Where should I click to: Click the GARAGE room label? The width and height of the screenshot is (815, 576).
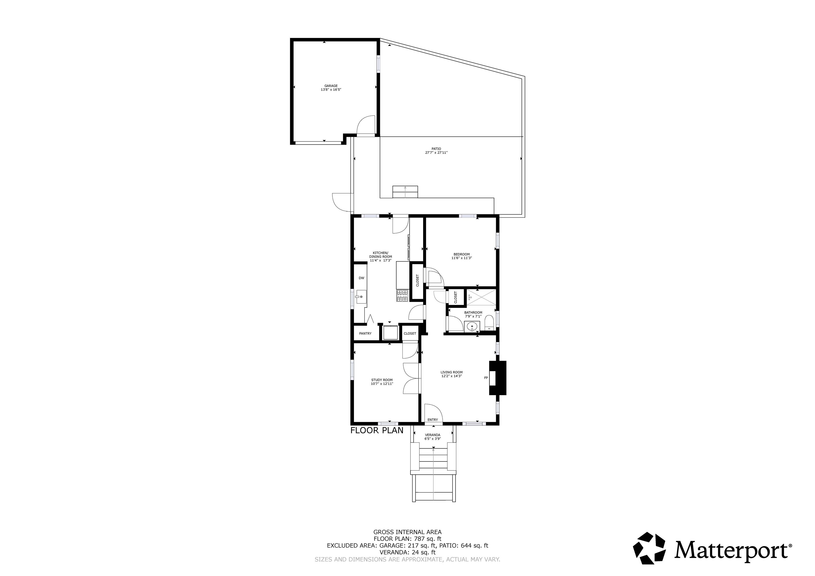pos(331,86)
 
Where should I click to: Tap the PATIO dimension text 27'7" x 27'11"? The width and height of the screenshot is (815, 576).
pos(436,152)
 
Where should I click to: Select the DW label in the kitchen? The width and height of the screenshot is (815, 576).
pos(361,278)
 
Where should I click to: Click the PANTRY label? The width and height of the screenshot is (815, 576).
pos(365,334)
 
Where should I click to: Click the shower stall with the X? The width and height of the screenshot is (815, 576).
pos(481,297)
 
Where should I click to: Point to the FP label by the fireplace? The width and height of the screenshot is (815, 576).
pos(486,378)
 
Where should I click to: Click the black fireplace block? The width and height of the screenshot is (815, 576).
pos(498,378)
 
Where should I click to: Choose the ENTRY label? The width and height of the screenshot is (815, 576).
pos(432,420)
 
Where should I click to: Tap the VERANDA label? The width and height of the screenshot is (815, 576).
pos(433,435)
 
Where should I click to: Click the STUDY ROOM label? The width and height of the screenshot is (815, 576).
pos(382,380)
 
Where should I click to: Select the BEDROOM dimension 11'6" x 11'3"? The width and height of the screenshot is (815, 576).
pos(461,258)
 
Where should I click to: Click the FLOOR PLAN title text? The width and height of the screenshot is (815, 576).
pos(377,430)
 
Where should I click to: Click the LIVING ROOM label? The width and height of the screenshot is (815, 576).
pos(452,372)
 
